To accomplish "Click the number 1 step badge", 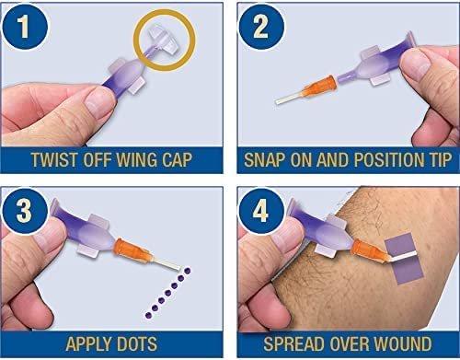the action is click(25, 27).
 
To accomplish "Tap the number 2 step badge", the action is click(261, 27).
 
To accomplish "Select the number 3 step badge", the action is click(25, 211).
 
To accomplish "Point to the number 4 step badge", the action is click(261, 211).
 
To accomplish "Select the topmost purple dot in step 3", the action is click(187, 271).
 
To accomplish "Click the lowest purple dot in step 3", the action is click(148, 315).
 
